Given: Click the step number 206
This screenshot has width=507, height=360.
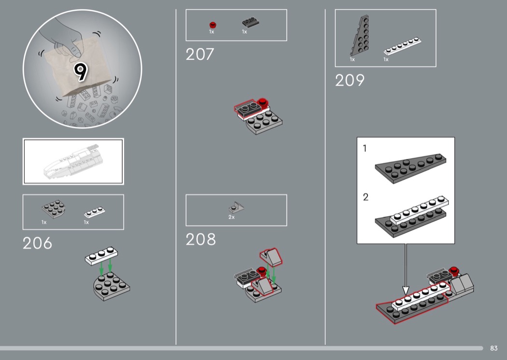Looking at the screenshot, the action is click(x=37, y=243).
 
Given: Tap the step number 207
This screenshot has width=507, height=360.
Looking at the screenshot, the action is click(x=200, y=55).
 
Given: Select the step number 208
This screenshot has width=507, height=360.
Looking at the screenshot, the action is click(x=200, y=239).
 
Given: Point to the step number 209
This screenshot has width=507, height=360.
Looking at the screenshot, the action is click(x=350, y=80).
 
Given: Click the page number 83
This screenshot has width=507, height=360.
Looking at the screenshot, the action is click(x=494, y=348).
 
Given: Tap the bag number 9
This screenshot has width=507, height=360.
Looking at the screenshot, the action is click(x=81, y=71).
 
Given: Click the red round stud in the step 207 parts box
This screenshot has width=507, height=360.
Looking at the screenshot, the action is click(x=212, y=25).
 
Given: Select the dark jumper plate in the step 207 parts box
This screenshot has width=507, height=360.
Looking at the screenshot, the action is click(x=251, y=22).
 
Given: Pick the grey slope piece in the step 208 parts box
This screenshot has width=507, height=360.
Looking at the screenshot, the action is click(x=237, y=208).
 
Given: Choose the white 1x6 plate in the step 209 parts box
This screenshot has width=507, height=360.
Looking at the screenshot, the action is click(x=402, y=46).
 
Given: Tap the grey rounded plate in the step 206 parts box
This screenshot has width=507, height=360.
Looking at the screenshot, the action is click(x=54, y=209).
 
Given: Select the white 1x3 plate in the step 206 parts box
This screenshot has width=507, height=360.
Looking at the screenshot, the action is click(x=95, y=212).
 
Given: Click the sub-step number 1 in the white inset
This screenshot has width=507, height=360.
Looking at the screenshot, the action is click(x=365, y=148).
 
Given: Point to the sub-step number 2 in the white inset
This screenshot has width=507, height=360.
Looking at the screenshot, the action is click(x=366, y=197).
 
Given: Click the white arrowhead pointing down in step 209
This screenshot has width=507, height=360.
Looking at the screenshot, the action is click(x=406, y=290).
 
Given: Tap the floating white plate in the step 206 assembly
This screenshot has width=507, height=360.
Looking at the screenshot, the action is click(x=101, y=256).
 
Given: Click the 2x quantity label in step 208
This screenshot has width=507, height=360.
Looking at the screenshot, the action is click(x=231, y=217).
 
